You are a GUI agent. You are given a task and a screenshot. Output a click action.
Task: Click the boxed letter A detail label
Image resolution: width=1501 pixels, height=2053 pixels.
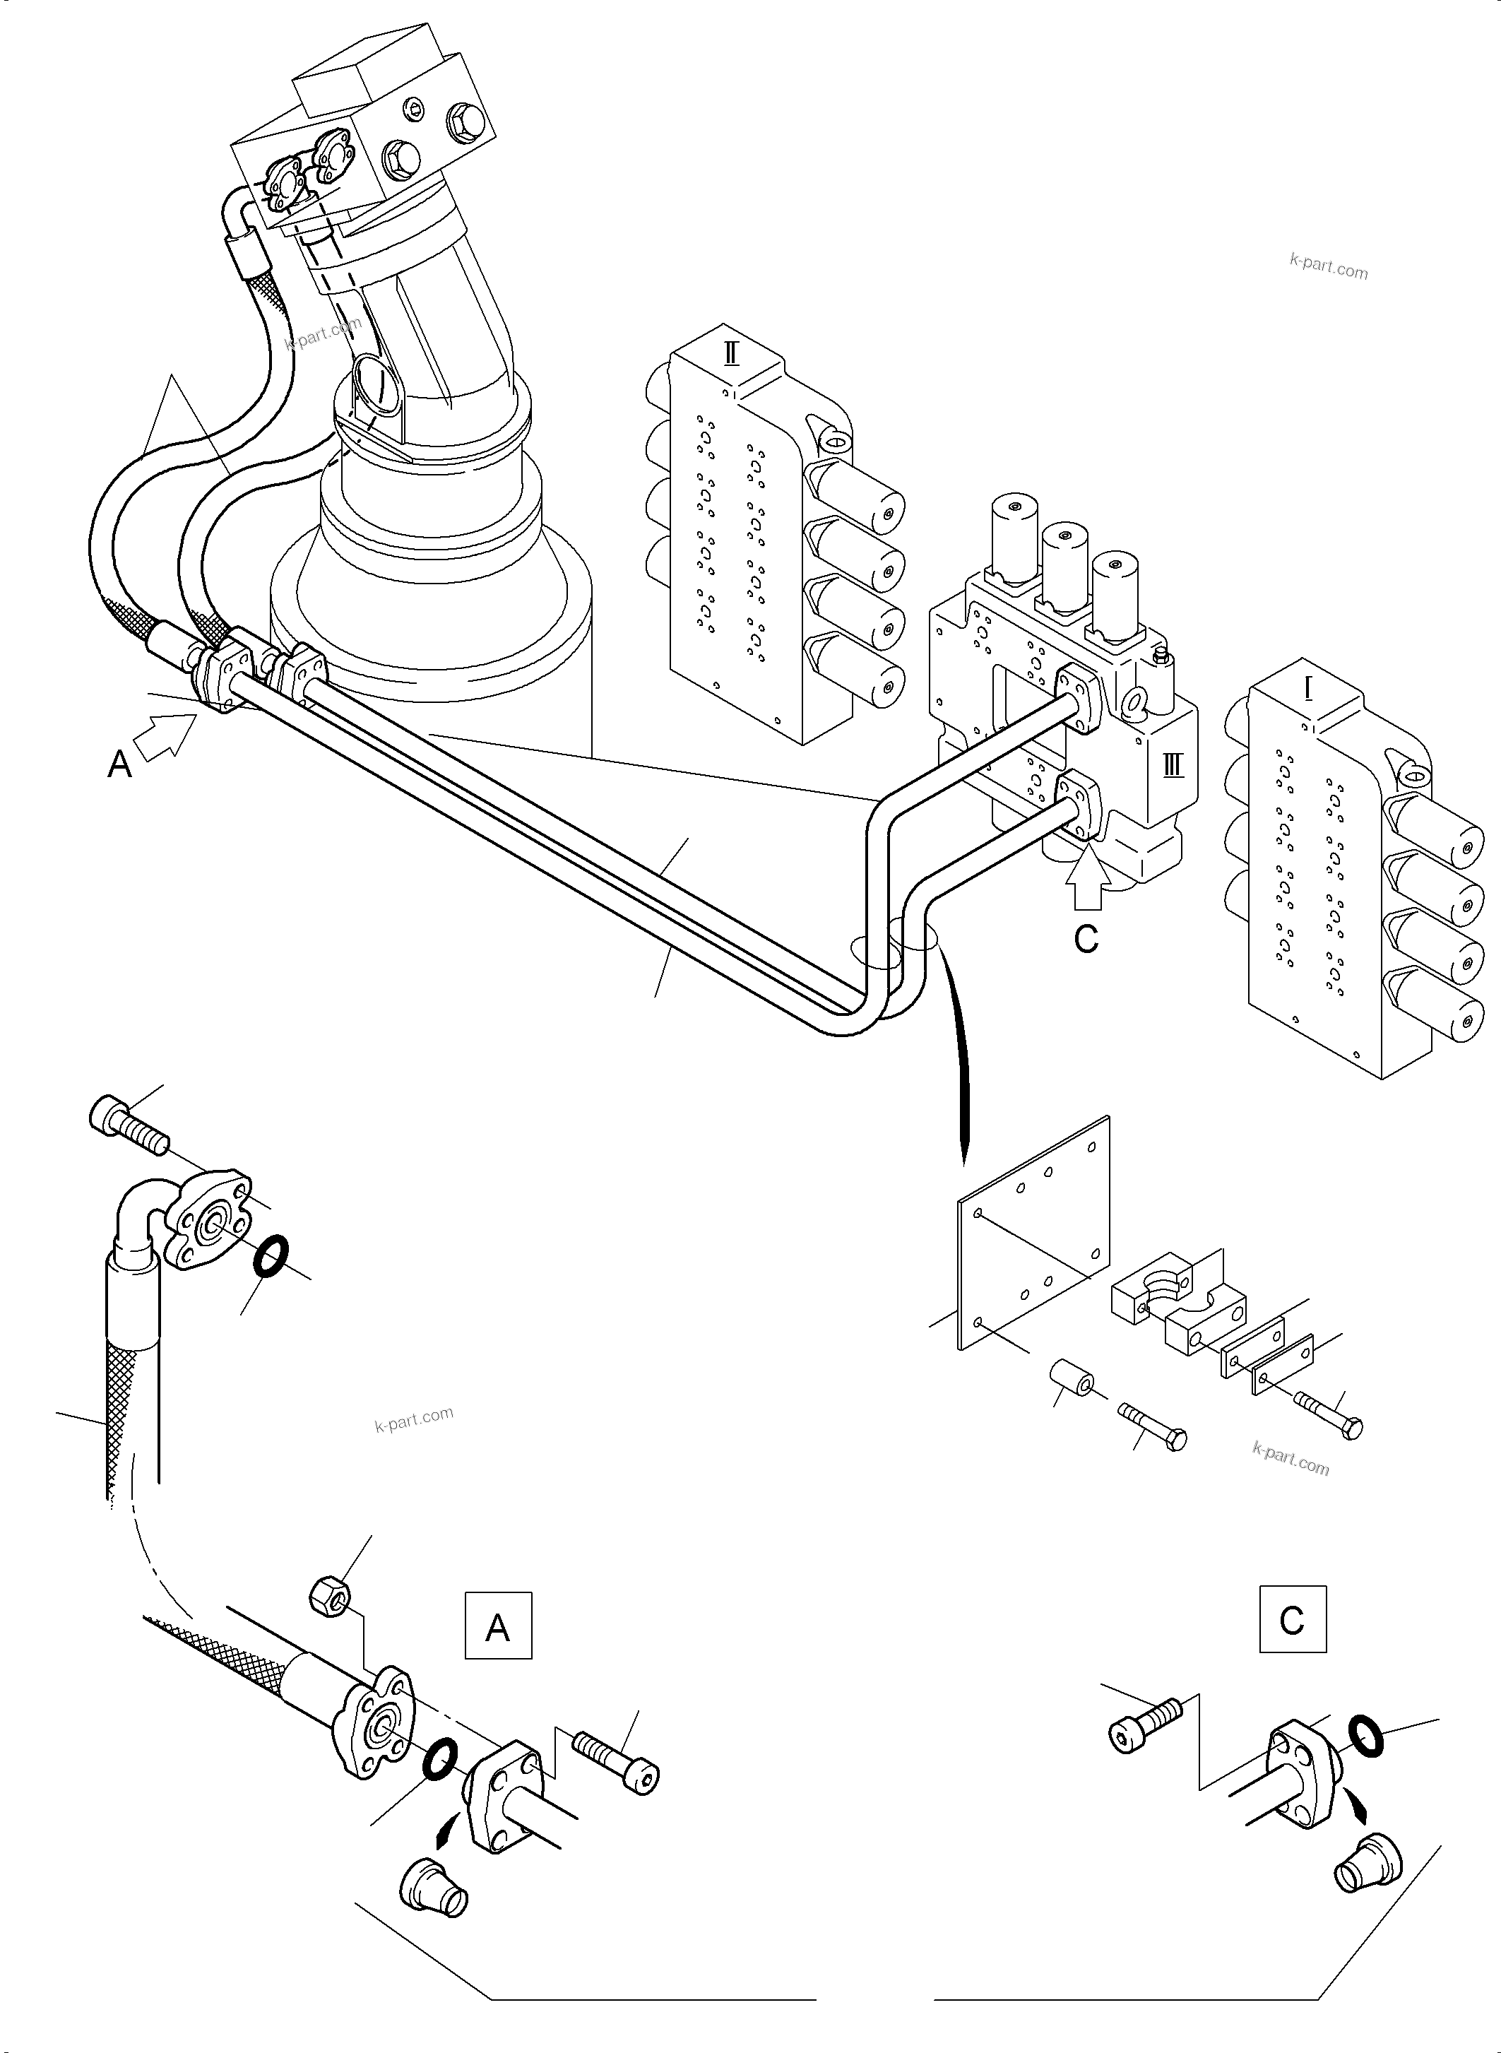[498, 1624]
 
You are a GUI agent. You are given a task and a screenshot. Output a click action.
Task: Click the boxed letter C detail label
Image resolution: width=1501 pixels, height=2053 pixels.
[1292, 1619]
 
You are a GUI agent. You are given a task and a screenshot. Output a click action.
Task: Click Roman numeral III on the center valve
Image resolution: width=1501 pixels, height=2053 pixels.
[1173, 765]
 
